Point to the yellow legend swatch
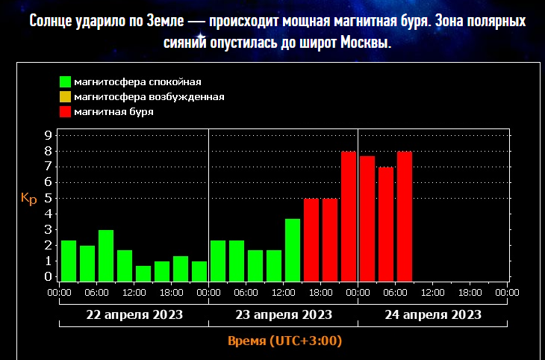tap(66, 97)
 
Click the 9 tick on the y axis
tap(48, 135)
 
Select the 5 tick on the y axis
tap(48, 199)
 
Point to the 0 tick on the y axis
tap(48, 277)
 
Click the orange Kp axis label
tap(28, 199)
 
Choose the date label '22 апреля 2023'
tap(134, 314)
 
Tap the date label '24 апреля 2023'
tap(433, 314)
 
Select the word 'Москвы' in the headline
tap(366, 43)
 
